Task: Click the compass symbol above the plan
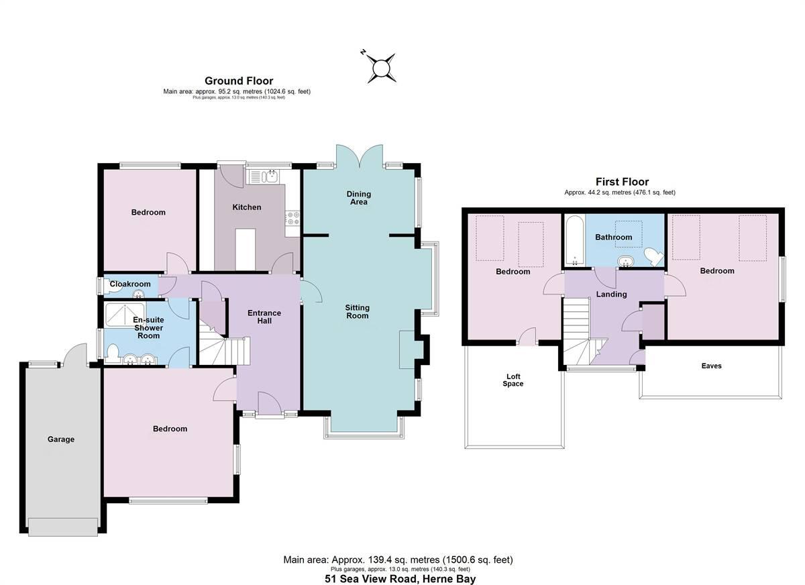[380, 68]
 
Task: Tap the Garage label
[60, 439]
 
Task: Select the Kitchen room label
[246, 207]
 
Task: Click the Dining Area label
[358, 198]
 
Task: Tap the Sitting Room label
[357, 311]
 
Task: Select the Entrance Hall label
[264, 317]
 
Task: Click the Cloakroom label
[130, 284]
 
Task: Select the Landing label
[611, 295]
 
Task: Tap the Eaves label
[711, 366]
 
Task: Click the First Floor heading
[622, 182]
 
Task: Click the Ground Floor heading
[239, 81]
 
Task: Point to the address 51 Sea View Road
[400, 579]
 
